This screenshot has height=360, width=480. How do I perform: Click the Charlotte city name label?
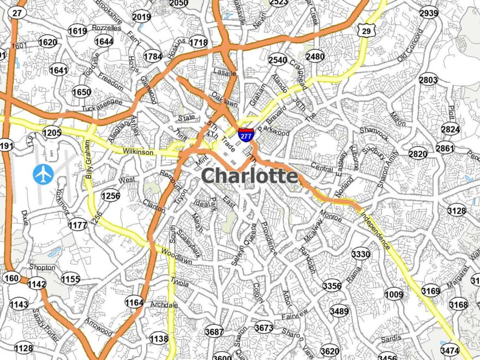(x=250, y=176)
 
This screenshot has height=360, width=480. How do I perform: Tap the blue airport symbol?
(x=44, y=174)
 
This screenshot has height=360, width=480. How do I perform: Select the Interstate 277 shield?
(x=245, y=134)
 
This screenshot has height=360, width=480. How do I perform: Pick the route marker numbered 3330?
(x=361, y=254)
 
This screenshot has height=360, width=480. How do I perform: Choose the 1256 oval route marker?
(x=111, y=196)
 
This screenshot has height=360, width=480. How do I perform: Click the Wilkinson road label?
(x=138, y=152)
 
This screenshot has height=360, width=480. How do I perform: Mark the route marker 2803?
(x=428, y=80)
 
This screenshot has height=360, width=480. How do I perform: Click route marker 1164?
(x=134, y=302)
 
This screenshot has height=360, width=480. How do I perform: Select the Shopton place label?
(x=43, y=267)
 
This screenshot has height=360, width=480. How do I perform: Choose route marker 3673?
(x=264, y=327)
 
